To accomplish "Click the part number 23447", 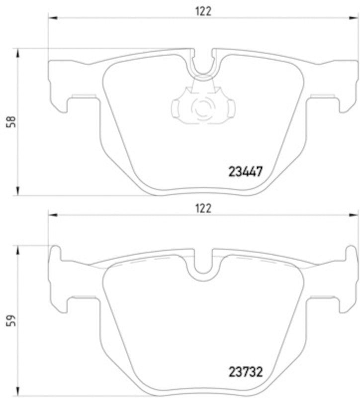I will pos(245,172).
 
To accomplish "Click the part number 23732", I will pos(245,372).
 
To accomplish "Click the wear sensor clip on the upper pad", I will pos(202,105).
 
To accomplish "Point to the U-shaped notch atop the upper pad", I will pos(202,65).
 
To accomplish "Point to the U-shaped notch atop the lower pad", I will pos(202,262).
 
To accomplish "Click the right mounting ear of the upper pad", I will pos(345,85).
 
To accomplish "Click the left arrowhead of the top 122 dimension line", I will pos(51,19).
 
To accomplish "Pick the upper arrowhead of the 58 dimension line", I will pos(18,52).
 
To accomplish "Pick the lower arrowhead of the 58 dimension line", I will pos(18,192).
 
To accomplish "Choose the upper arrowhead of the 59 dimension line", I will pos(18,249).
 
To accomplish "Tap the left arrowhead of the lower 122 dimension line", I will pos(51,215).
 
